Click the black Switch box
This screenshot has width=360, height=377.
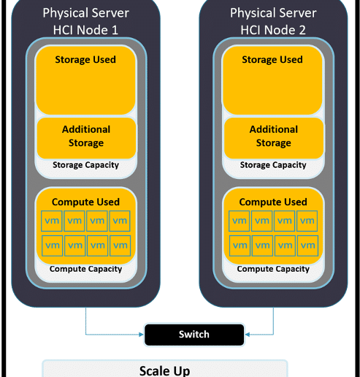(x=194, y=335)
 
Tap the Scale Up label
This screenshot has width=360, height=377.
(x=165, y=370)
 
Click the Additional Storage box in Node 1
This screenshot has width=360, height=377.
(x=86, y=138)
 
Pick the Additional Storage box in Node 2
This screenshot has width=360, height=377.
(x=274, y=138)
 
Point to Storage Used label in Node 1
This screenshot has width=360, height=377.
(x=85, y=60)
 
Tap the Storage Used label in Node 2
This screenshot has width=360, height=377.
(x=272, y=60)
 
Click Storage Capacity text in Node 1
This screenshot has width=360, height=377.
(x=85, y=165)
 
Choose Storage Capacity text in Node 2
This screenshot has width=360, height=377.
(x=273, y=165)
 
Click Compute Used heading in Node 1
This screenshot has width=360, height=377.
(x=85, y=202)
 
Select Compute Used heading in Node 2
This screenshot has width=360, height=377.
(x=273, y=202)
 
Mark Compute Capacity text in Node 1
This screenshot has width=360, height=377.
(x=85, y=269)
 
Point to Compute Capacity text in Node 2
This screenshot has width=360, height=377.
(x=273, y=269)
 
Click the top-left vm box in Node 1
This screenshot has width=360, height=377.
(x=52, y=221)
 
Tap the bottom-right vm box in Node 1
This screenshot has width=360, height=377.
(x=120, y=245)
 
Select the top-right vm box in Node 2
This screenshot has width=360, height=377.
(x=307, y=221)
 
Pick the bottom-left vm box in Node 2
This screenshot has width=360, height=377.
(x=240, y=245)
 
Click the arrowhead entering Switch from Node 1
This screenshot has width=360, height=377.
(x=141, y=335)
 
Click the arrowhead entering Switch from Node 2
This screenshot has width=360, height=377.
(x=248, y=335)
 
